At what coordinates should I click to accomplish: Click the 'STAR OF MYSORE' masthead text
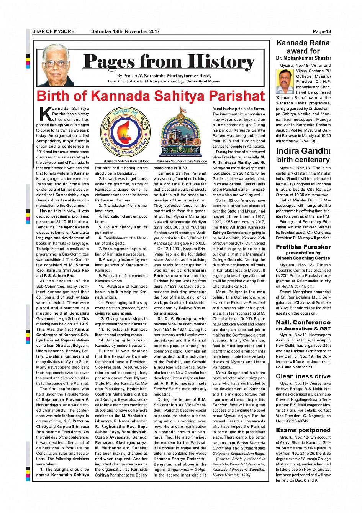point(53,31)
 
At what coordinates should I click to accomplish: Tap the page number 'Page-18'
point(322,31)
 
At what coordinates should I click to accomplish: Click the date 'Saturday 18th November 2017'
point(125,31)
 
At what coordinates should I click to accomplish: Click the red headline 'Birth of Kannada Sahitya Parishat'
point(151,96)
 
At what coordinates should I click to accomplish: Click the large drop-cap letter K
point(45,114)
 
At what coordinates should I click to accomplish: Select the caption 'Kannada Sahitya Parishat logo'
point(126,161)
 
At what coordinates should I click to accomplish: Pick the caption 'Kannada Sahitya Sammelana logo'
point(182,161)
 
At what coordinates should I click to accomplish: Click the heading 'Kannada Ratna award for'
point(303,47)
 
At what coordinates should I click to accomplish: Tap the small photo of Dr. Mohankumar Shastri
point(285,81)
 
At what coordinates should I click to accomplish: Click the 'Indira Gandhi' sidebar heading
point(303,151)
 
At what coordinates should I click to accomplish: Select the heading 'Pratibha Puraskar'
point(303,247)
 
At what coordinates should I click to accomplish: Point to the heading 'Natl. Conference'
point(303,322)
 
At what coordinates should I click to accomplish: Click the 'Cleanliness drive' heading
point(303,376)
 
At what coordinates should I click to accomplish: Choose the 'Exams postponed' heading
point(303,430)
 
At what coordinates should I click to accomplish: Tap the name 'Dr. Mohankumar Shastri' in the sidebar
point(303,58)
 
